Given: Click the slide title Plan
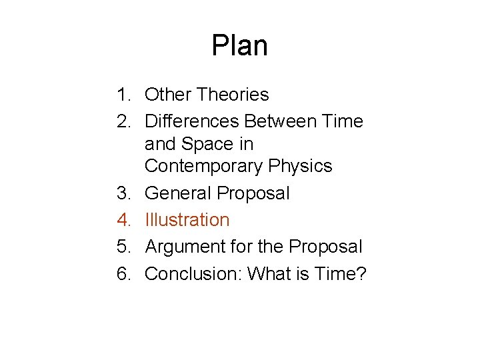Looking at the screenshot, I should (239, 46).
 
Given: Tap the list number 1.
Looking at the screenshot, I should (124, 95).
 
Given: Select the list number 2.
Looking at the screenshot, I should (124, 121).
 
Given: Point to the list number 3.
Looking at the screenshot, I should (124, 193).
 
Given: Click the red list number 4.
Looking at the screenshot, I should (124, 220).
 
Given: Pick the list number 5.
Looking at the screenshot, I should (124, 247).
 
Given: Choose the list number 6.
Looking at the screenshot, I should (124, 273).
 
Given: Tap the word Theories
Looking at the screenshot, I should (233, 95).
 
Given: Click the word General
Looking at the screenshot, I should (178, 193).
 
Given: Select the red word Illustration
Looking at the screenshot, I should (187, 220).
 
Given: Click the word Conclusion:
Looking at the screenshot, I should (193, 273).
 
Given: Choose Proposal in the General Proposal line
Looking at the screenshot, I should (254, 193).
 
